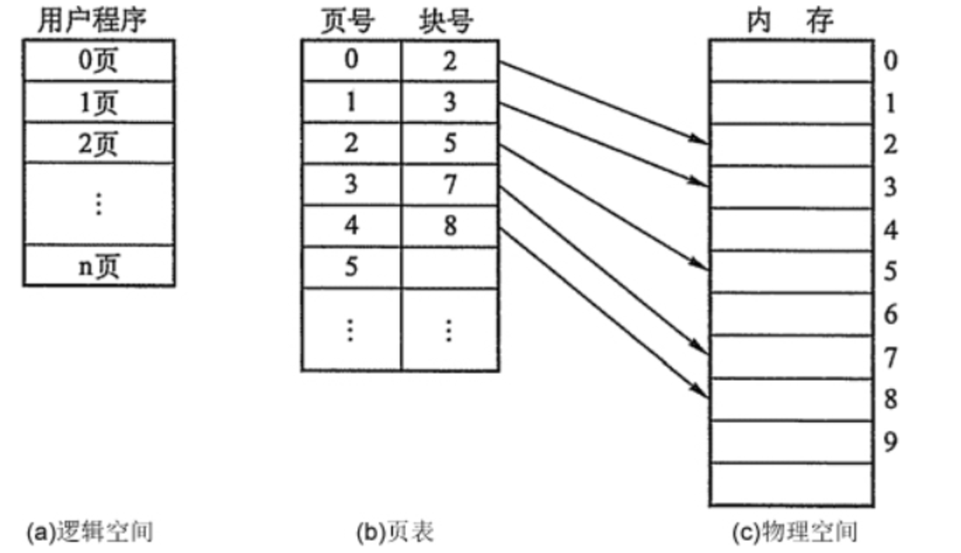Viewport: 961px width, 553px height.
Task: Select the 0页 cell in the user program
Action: pos(98,61)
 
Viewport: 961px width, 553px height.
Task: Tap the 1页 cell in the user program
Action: pos(98,102)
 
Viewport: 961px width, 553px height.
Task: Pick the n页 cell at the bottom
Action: pos(98,266)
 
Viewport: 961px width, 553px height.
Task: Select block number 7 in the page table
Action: pos(450,185)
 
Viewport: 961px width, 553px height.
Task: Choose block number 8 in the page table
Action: pos(450,227)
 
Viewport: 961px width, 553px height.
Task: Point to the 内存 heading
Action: pos(791,22)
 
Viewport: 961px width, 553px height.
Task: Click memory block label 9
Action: pos(890,443)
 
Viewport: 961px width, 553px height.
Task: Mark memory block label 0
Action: pos(890,61)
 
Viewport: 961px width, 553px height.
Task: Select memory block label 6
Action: pos(890,315)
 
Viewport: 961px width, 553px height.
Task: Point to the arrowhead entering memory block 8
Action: pos(700,389)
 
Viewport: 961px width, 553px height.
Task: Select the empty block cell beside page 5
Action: pos(450,267)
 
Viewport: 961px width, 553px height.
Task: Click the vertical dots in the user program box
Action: pos(98,204)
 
